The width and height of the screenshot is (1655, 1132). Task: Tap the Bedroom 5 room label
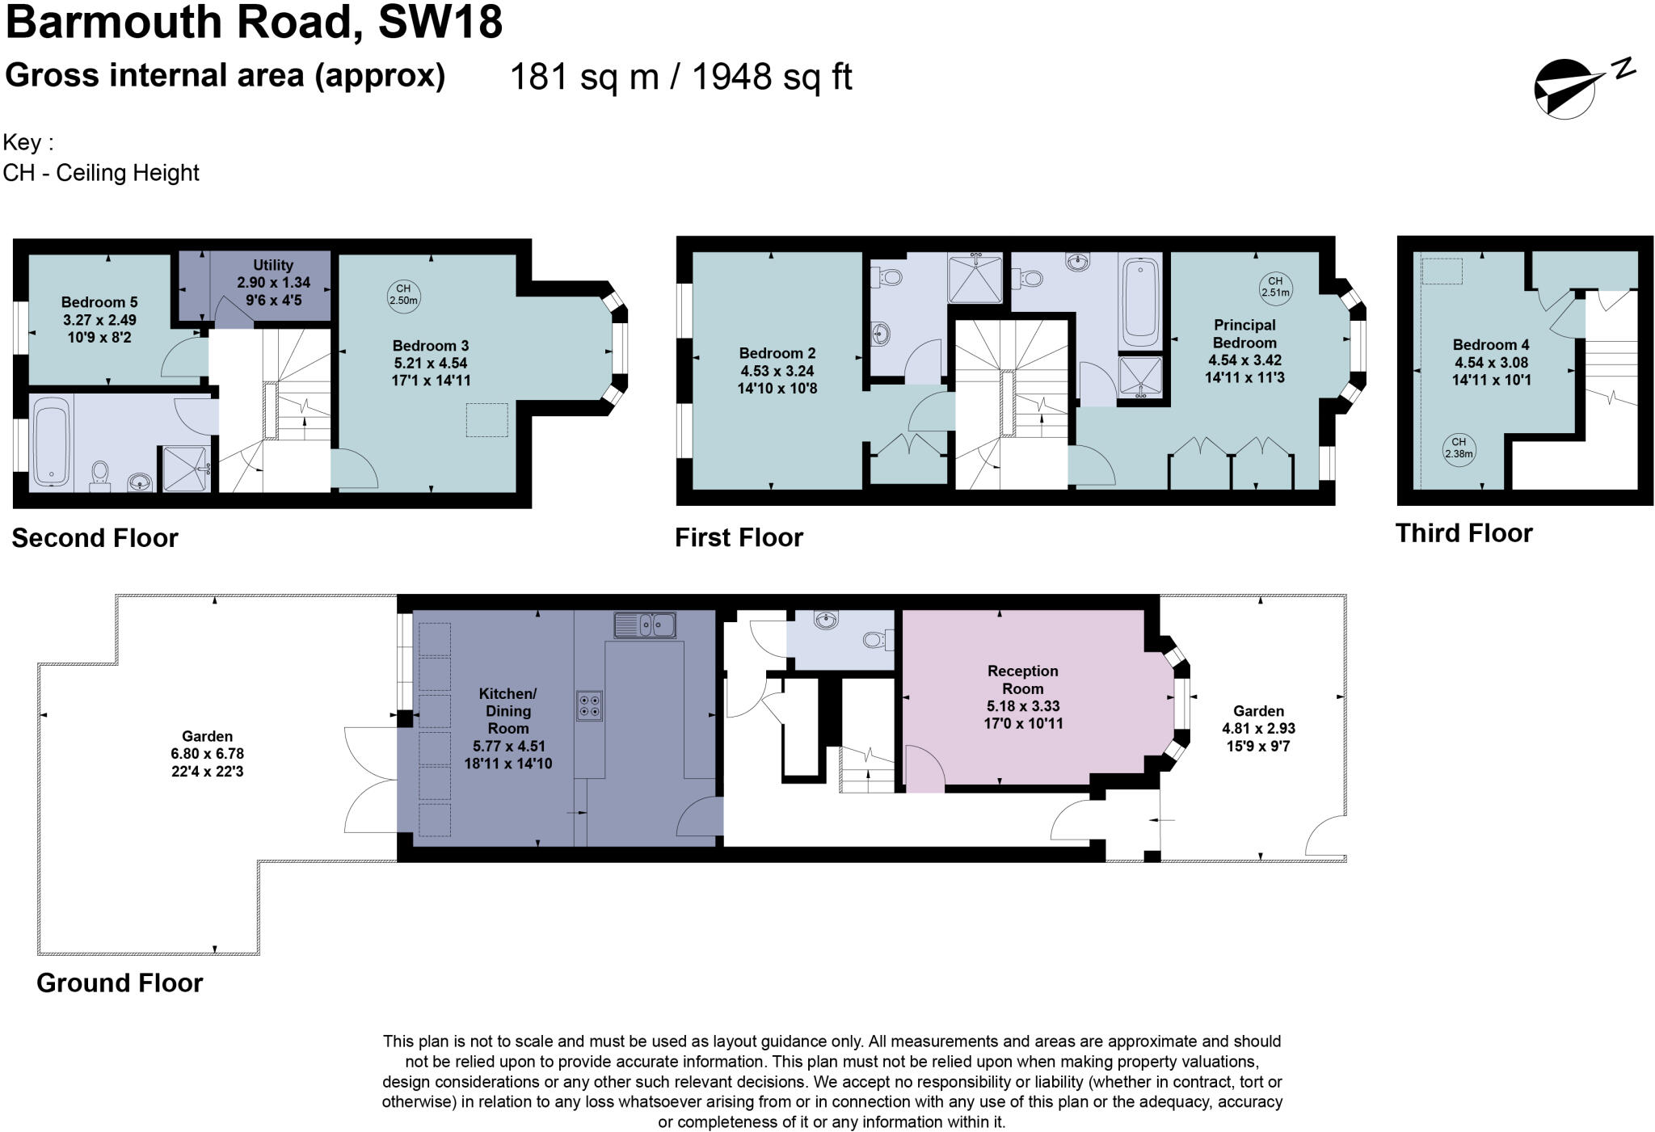pyautogui.click(x=99, y=302)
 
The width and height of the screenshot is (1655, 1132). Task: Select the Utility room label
pyautogui.click(x=273, y=265)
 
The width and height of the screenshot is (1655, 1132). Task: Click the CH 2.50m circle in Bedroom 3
pyautogui.click(x=403, y=294)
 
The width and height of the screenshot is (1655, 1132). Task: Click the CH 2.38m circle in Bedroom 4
pyautogui.click(x=1459, y=448)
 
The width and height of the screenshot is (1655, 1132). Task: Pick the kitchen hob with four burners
pyautogui.click(x=589, y=705)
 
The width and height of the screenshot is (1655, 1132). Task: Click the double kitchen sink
pyautogui.click(x=644, y=625)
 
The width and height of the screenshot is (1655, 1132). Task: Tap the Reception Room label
pyautogui.click(x=1022, y=680)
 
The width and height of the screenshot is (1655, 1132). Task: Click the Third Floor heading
pyautogui.click(x=1463, y=533)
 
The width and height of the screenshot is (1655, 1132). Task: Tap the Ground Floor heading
pyautogui.click(x=120, y=983)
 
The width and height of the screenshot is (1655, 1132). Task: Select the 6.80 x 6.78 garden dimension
pyautogui.click(x=208, y=754)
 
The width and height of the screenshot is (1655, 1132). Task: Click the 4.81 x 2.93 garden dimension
pyautogui.click(x=1258, y=728)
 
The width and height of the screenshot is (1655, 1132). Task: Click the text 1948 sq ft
pyautogui.click(x=772, y=78)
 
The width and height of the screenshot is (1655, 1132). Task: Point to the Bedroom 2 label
pyautogui.click(x=777, y=353)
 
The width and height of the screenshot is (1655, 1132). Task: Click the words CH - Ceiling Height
pyautogui.click(x=101, y=173)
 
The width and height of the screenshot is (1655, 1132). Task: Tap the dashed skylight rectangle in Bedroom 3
pyautogui.click(x=486, y=420)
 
